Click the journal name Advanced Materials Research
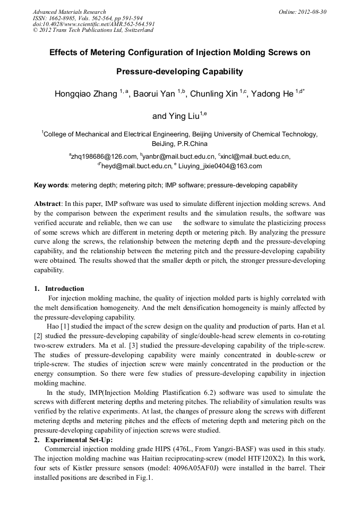[69, 12]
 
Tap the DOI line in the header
[93, 24]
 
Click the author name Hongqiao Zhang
[85, 94]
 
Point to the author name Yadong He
[272, 94]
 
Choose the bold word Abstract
[47, 204]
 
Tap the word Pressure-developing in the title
[151, 72]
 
